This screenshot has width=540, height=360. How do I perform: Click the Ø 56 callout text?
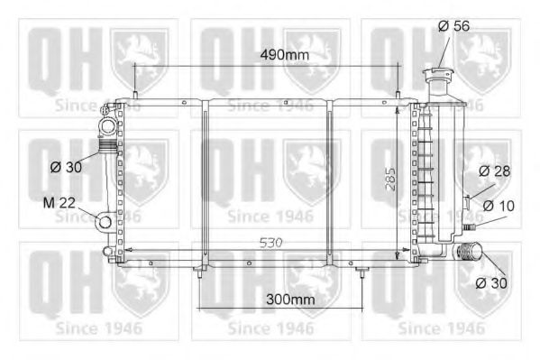455,27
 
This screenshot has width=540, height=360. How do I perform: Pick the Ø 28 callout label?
496,171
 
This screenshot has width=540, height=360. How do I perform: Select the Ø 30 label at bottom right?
492,283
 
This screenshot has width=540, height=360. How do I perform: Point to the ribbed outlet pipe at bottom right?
467,254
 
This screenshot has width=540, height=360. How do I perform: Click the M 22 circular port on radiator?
105,221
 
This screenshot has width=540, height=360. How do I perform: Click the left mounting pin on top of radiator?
135,97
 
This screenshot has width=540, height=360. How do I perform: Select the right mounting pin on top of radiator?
398,97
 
